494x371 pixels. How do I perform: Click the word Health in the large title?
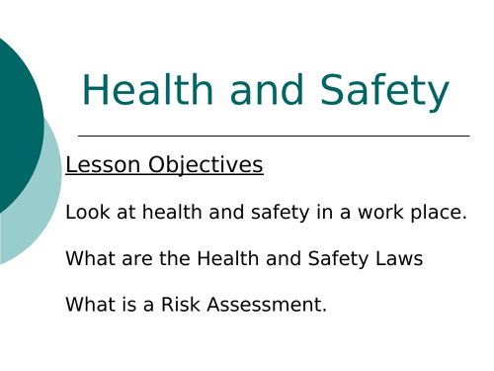(x=143, y=91)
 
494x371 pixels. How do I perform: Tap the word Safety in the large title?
(x=388, y=91)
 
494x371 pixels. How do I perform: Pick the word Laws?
(x=397, y=258)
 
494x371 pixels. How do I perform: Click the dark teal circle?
(x=15, y=124)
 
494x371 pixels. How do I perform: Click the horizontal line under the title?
(x=273, y=136)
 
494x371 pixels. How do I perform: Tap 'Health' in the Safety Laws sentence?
(x=227, y=258)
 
